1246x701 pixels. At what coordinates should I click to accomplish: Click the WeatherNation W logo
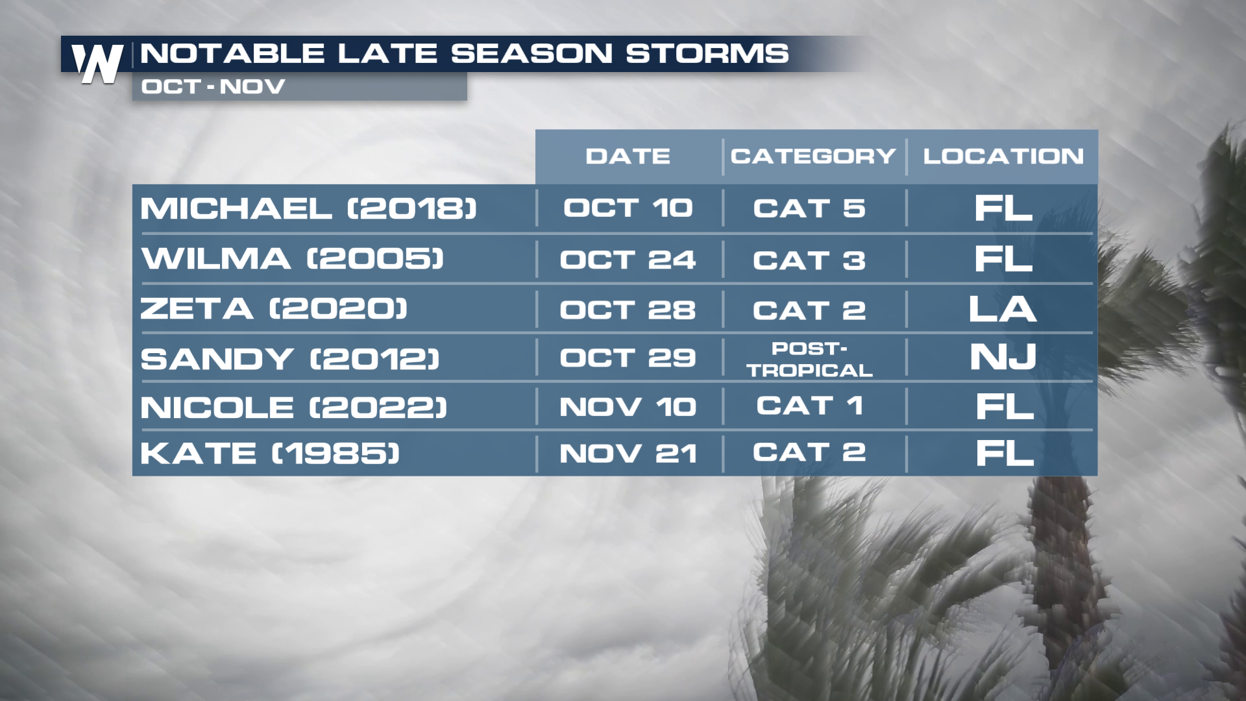(97, 63)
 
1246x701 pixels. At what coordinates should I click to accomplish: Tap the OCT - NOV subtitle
(214, 86)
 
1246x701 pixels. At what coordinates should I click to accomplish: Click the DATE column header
(628, 156)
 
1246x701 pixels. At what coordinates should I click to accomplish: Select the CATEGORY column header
(813, 156)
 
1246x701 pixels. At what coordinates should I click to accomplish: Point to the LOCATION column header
(1003, 156)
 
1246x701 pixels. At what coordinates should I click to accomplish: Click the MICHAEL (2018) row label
(309, 208)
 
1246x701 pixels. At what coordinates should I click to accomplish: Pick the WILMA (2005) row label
(293, 258)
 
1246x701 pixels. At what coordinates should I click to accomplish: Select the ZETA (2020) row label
(274, 308)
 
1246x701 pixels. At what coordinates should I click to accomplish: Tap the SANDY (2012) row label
(290, 358)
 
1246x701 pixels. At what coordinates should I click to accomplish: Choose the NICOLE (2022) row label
(294, 408)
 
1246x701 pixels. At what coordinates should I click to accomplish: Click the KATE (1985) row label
(270, 453)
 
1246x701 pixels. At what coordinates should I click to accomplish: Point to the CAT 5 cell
(809, 208)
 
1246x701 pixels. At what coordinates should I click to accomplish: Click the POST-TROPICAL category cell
(809, 359)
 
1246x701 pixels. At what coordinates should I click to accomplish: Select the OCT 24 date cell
(628, 260)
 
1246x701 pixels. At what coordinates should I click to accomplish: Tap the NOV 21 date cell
(628, 453)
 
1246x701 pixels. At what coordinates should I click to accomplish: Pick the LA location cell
(1003, 309)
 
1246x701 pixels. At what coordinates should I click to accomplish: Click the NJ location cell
(1003, 357)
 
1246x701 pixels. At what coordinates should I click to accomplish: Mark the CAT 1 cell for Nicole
(809, 406)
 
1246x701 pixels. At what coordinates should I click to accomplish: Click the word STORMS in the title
(707, 53)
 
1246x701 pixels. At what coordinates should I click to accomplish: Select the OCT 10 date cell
(628, 208)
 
